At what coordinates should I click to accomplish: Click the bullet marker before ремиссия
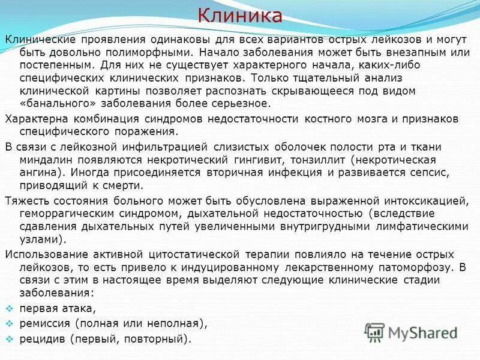coord(9,324)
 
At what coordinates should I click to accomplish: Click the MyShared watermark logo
coord(412,332)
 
